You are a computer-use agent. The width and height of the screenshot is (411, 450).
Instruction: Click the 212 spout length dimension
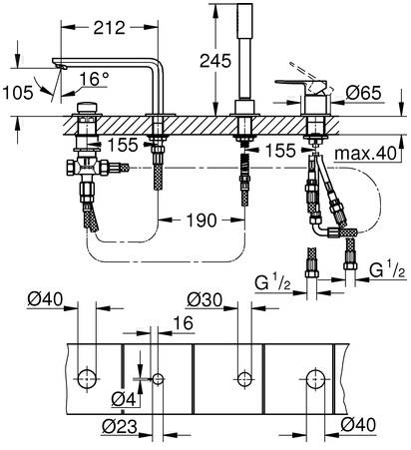click(x=109, y=28)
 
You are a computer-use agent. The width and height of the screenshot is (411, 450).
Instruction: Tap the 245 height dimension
click(x=215, y=61)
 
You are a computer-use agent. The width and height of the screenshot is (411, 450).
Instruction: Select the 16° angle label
click(x=94, y=79)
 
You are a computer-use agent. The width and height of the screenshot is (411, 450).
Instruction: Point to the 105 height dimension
click(x=18, y=92)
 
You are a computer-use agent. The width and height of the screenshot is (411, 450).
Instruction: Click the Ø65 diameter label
click(x=363, y=93)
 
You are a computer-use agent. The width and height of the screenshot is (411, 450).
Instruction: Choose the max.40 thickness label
click(x=365, y=154)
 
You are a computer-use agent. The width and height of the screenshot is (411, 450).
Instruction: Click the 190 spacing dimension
click(x=202, y=221)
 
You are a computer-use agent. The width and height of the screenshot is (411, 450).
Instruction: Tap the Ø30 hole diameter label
click(x=205, y=300)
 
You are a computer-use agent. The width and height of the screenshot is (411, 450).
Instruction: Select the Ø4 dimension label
click(x=124, y=399)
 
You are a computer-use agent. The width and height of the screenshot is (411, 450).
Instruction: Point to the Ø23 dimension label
click(x=120, y=426)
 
